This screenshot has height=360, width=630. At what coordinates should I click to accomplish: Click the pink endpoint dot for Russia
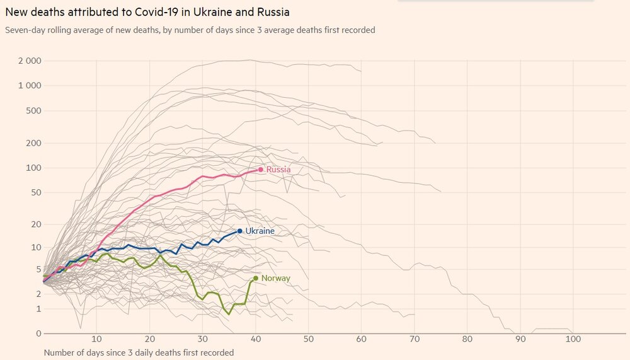[260, 170]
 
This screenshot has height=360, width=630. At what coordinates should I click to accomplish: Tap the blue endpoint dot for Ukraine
[239, 231]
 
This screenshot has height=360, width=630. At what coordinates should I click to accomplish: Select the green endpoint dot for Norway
[255, 278]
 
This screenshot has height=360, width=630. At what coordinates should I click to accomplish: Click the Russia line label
[278, 170]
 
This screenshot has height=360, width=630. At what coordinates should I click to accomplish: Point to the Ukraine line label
[260, 231]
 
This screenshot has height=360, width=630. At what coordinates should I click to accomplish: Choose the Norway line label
[275, 278]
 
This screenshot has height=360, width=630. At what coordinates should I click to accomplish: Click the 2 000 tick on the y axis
[30, 61]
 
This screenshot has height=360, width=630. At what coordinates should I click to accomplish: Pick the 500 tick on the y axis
[33, 111]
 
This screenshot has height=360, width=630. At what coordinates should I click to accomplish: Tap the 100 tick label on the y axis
[33, 168]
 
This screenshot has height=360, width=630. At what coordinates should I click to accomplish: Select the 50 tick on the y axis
[36, 192]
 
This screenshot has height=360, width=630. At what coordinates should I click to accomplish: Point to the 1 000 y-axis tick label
[30, 86]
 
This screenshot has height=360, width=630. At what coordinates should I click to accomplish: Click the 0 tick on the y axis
[38, 334]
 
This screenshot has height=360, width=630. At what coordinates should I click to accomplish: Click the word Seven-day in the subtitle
[25, 30]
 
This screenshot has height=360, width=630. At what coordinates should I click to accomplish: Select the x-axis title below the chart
[139, 352]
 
